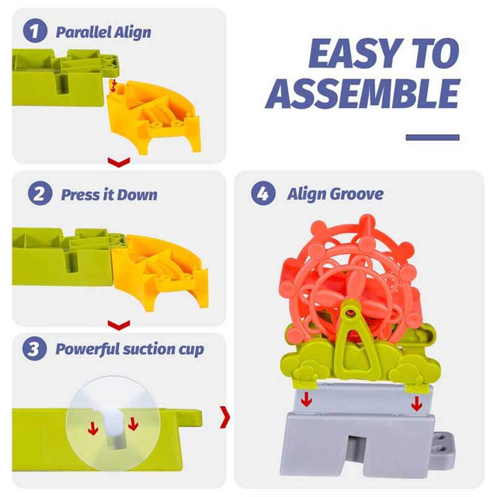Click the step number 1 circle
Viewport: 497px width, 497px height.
35,30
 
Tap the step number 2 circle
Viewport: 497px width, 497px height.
40,193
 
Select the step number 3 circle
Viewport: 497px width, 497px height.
34,349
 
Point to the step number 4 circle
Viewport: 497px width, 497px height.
263,193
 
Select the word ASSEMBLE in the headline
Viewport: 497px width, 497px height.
363,93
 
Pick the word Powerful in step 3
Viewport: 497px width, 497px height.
86,349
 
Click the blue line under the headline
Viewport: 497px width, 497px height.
433,137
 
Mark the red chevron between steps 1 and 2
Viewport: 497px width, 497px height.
119,162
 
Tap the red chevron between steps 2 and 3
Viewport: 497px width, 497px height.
119,325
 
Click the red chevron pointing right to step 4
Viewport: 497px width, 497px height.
225,417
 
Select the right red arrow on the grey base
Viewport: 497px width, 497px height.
416,403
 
